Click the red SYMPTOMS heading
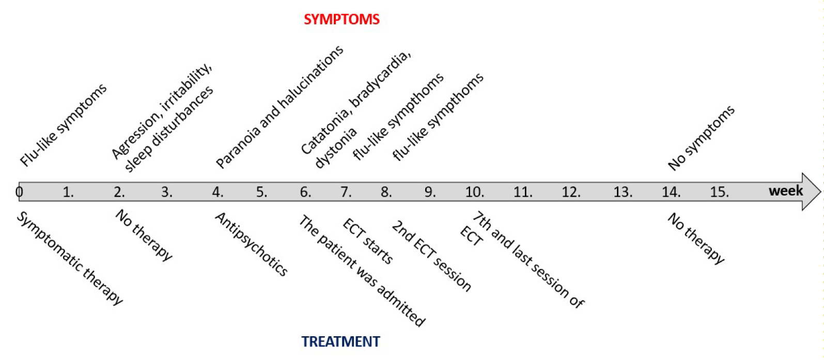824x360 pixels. point(341,19)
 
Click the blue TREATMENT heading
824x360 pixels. point(340,341)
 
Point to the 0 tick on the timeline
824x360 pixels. point(19,192)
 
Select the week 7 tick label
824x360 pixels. point(346,192)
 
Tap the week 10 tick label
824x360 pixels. point(475,192)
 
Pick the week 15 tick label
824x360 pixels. point(719,192)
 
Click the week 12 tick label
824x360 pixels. point(571,192)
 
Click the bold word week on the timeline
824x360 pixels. point(786,191)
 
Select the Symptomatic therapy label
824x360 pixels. point(69,259)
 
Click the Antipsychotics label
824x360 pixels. point(251,244)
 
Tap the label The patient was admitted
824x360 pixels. point(362,271)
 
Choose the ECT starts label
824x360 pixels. point(367,241)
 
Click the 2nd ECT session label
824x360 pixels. point(431,256)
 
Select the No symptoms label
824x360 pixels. point(701,138)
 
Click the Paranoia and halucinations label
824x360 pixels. point(279,107)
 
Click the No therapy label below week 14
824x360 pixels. point(696,238)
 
